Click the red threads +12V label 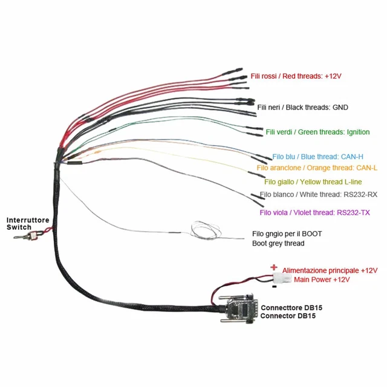pyautogui.click(x=296, y=77)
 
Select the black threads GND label pyautogui.click(x=302, y=108)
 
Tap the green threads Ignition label pyautogui.click(x=317, y=132)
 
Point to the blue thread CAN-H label pyautogui.click(x=310, y=156)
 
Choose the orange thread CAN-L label pyautogui.click(x=313, y=167)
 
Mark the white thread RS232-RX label pyautogui.click(x=318, y=195)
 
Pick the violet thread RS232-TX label pyautogui.click(x=314, y=212)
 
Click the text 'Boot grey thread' pyautogui.click(x=278, y=244)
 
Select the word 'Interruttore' pyautogui.click(x=28, y=220)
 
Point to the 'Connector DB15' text pyautogui.click(x=288, y=316)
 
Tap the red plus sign pyautogui.click(x=274, y=267)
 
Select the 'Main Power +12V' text pyautogui.click(x=322, y=281)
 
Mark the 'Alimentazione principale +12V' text pyautogui.click(x=330, y=270)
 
